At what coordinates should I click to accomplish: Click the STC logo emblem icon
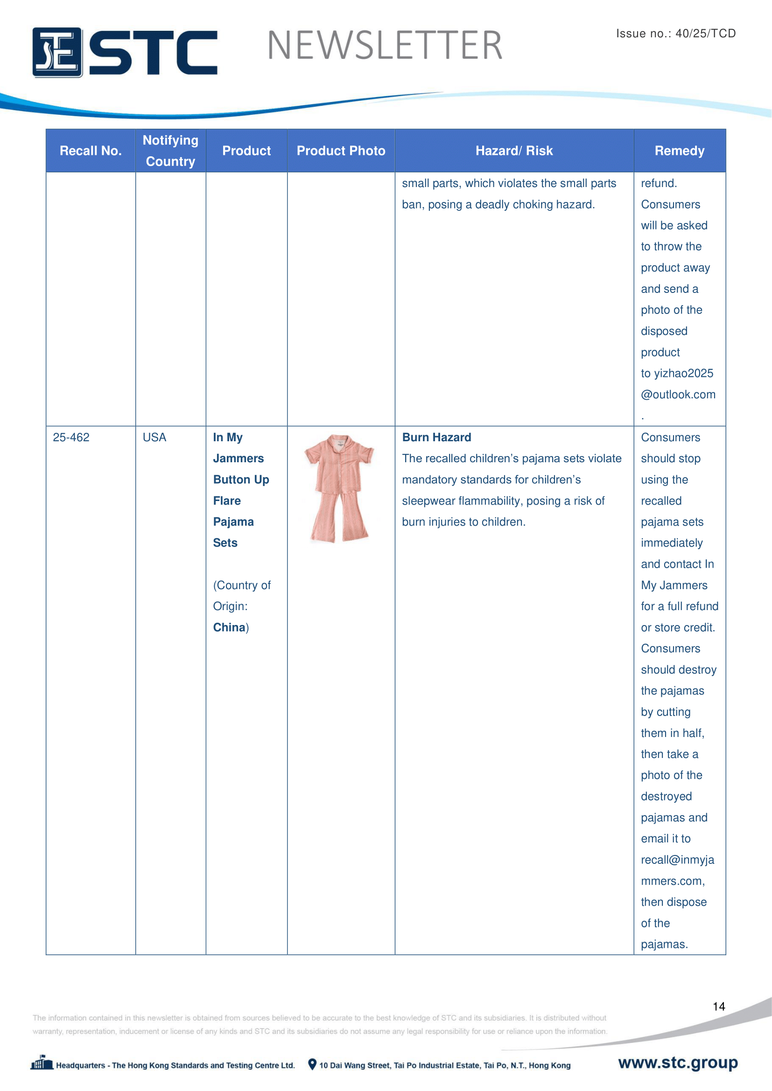pyautogui.click(x=57, y=52)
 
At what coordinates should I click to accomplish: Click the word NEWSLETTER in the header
pyautogui.click(x=385, y=46)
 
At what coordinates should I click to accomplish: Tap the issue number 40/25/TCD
pyautogui.click(x=705, y=33)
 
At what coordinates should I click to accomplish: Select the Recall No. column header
pyautogui.click(x=91, y=151)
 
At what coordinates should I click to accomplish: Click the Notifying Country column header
pyautogui.click(x=170, y=151)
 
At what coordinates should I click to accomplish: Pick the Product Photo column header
pyautogui.click(x=341, y=151)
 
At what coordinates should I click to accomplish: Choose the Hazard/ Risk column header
pyautogui.click(x=514, y=151)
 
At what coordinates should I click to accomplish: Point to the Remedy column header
pyautogui.click(x=679, y=151)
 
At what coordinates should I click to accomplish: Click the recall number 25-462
pyautogui.click(x=71, y=437)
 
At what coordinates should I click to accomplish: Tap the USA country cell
pyautogui.click(x=154, y=437)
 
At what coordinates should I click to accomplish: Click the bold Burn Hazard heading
pyautogui.click(x=436, y=437)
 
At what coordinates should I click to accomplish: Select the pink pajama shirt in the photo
pyautogui.click(x=339, y=463)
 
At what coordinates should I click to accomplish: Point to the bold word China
pyautogui.click(x=229, y=627)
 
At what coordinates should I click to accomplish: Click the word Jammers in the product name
pyautogui.click(x=238, y=459)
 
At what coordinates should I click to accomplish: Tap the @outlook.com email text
pyautogui.click(x=678, y=395)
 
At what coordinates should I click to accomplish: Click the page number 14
pyautogui.click(x=719, y=1007)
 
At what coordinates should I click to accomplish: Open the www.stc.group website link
pyautogui.click(x=678, y=1063)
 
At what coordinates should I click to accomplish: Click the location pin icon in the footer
pyautogui.click(x=312, y=1064)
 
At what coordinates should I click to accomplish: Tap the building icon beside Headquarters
pyautogui.click(x=42, y=1063)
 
